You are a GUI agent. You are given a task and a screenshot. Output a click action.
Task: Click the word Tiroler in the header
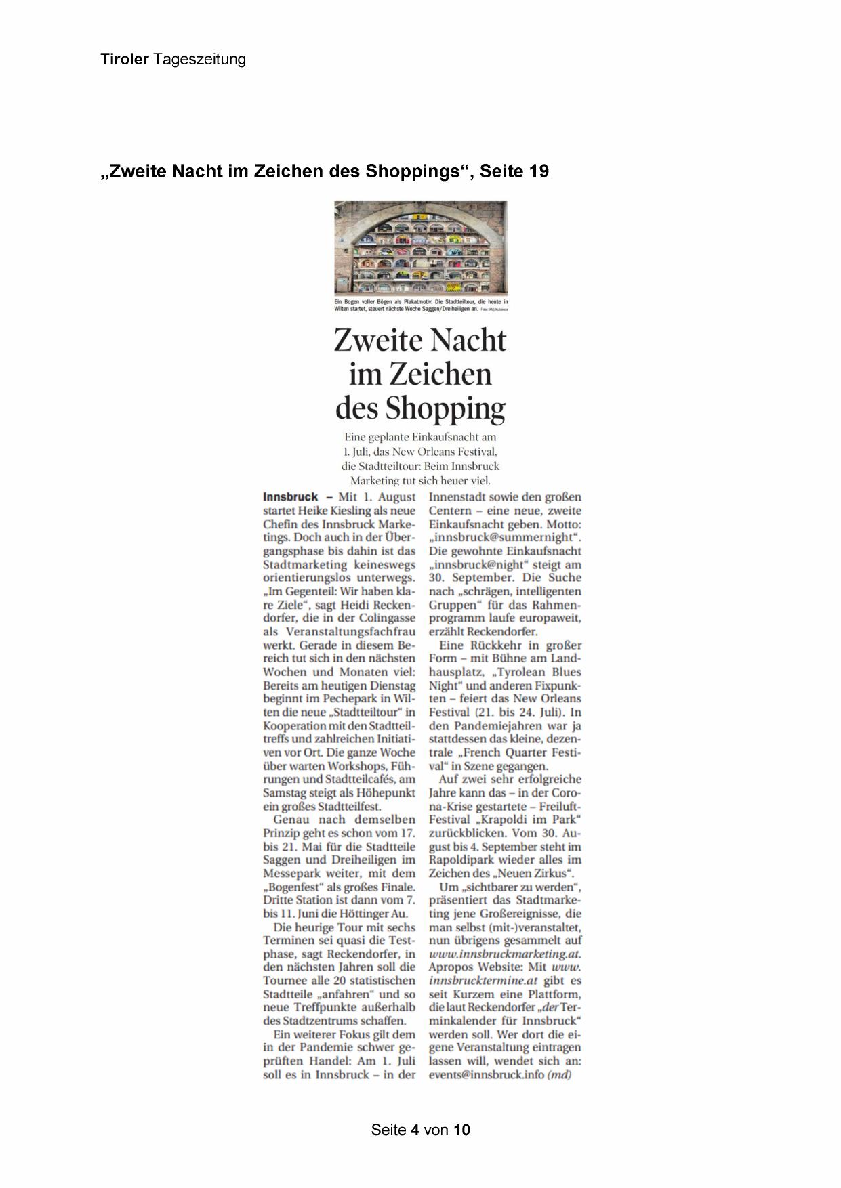[124, 60]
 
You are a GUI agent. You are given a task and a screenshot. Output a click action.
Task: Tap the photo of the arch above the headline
[420, 247]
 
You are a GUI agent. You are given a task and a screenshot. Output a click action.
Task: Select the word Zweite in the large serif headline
[380, 341]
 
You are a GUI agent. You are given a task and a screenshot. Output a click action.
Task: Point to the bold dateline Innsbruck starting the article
[290, 497]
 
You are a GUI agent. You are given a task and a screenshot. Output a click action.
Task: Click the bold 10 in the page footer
[462, 1130]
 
